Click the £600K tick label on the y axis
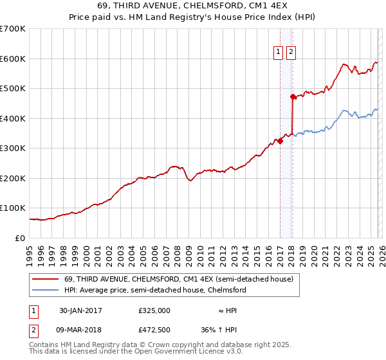click(x=13, y=59)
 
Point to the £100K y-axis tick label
click(x=13, y=208)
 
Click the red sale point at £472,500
click(x=293, y=96)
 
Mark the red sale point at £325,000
click(x=280, y=141)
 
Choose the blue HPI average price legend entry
click(x=155, y=290)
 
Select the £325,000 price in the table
click(x=154, y=310)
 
